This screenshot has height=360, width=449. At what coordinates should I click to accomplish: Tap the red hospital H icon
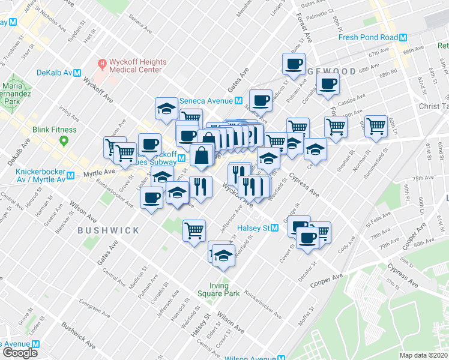pos(102,62)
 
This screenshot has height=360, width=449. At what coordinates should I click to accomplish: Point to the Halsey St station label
pos(255,227)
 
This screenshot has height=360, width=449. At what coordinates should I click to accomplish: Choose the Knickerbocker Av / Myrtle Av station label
pos(32,176)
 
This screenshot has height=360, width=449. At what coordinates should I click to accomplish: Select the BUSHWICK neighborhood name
pos(108,230)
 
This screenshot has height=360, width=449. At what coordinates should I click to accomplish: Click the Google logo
pos(20,353)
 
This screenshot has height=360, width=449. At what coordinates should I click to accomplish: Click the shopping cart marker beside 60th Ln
pos(376,127)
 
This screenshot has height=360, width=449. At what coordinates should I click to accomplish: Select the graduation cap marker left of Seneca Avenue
pos(166,108)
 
